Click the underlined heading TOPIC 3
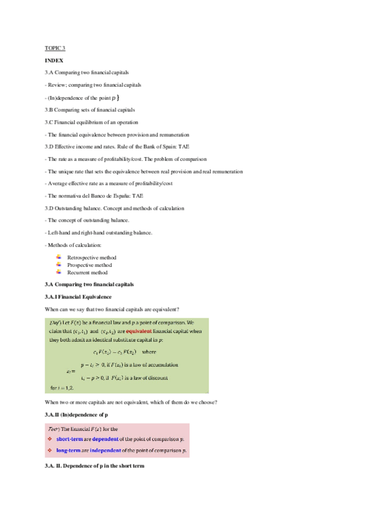tap(55, 48)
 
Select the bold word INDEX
tap(54, 61)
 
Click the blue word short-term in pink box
tap(72, 438)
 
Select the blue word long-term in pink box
tap(71, 449)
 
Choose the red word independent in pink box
tap(105, 449)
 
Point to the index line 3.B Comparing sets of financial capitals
tap(89, 110)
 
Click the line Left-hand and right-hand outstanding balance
tap(98, 232)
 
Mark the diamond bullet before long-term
tap(49, 449)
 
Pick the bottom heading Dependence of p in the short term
tap(94, 466)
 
